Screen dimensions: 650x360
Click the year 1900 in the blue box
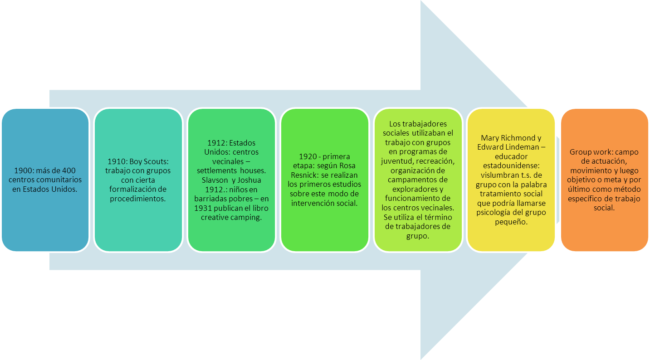[x=23, y=170]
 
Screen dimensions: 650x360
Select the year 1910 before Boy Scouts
[x=117, y=161]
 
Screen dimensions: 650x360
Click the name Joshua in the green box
[x=249, y=180]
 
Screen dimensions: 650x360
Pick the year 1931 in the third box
[x=204, y=208]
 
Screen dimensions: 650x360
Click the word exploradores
[x=418, y=190]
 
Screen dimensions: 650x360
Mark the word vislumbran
[x=499, y=175]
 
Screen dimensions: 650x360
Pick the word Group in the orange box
[x=580, y=152]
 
